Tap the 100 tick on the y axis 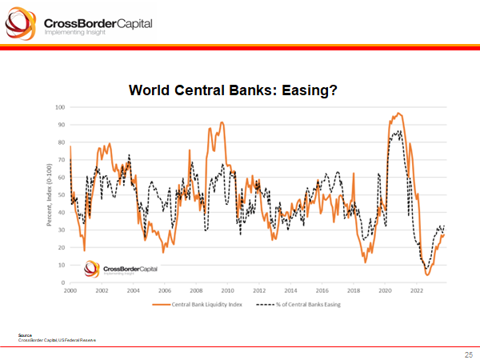59,107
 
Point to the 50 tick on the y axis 61,195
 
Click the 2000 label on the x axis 70,290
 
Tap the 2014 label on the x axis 290,290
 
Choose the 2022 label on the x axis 416,290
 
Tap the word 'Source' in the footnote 24,334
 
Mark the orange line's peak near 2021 398,113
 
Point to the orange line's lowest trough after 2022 428,275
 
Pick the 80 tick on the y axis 61,142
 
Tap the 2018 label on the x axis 353,290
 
